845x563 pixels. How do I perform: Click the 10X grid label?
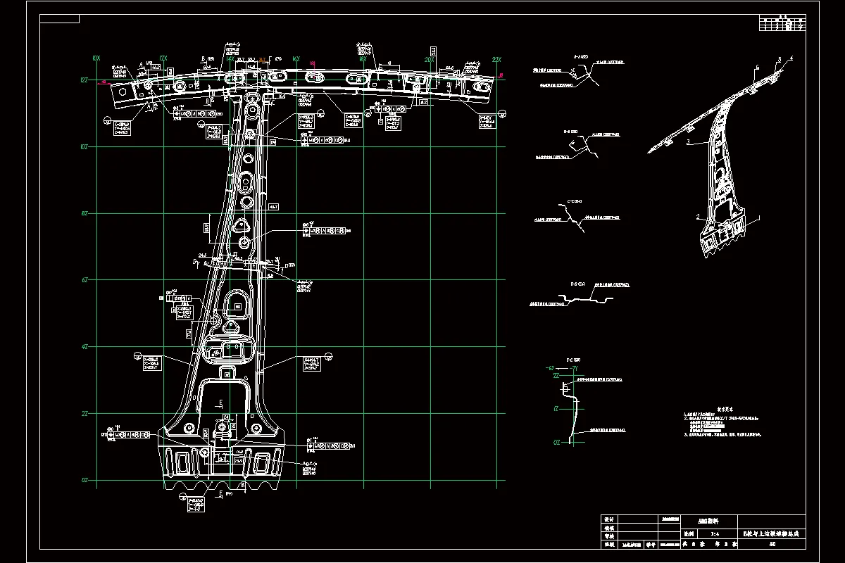coord(96,58)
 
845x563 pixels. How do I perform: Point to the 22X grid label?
coord(496,60)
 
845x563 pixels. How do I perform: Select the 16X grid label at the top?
coord(296,59)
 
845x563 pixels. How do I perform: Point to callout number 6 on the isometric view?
coord(758,67)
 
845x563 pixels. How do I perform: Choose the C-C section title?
coord(575,202)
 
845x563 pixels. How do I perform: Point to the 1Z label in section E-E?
coord(556,408)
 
